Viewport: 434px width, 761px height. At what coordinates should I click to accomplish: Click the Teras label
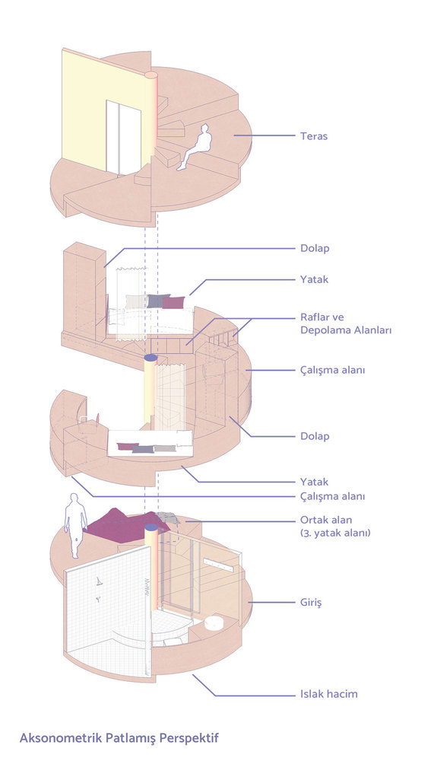(x=314, y=136)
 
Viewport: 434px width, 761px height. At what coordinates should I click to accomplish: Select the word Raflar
(x=315, y=318)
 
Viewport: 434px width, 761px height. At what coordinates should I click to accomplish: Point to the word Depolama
(x=322, y=330)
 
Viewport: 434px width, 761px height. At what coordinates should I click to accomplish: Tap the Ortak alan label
(x=326, y=521)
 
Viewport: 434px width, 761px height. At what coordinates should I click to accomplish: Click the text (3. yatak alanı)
(x=335, y=533)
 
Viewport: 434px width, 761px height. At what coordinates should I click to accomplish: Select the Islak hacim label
(x=329, y=694)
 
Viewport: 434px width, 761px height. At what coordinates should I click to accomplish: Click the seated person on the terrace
(x=195, y=147)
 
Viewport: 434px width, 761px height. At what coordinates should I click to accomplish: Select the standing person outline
(x=76, y=526)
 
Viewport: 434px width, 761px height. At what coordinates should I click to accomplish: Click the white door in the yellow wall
(x=124, y=137)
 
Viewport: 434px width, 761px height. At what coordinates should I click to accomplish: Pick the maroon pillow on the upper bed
(x=173, y=302)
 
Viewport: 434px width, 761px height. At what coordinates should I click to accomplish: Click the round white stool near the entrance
(x=214, y=622)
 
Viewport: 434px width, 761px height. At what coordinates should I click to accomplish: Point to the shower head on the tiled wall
(x=99, y=581)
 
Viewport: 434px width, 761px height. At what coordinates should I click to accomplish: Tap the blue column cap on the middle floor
(x=150, y=358)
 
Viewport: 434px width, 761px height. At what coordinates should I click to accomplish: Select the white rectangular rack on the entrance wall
(x=220, y=565)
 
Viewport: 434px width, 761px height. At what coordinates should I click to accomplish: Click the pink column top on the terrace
(x=151, y=75)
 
